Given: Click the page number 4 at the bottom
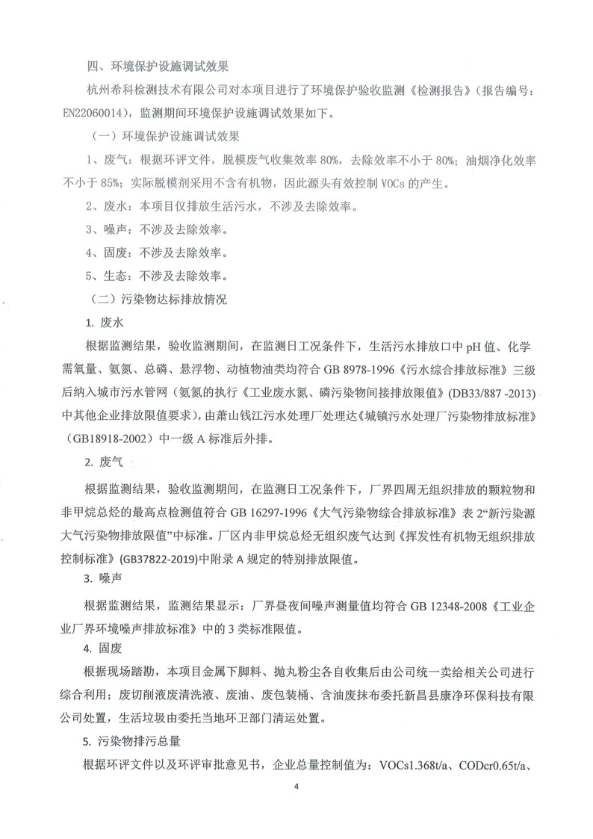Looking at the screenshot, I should [296, 808].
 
